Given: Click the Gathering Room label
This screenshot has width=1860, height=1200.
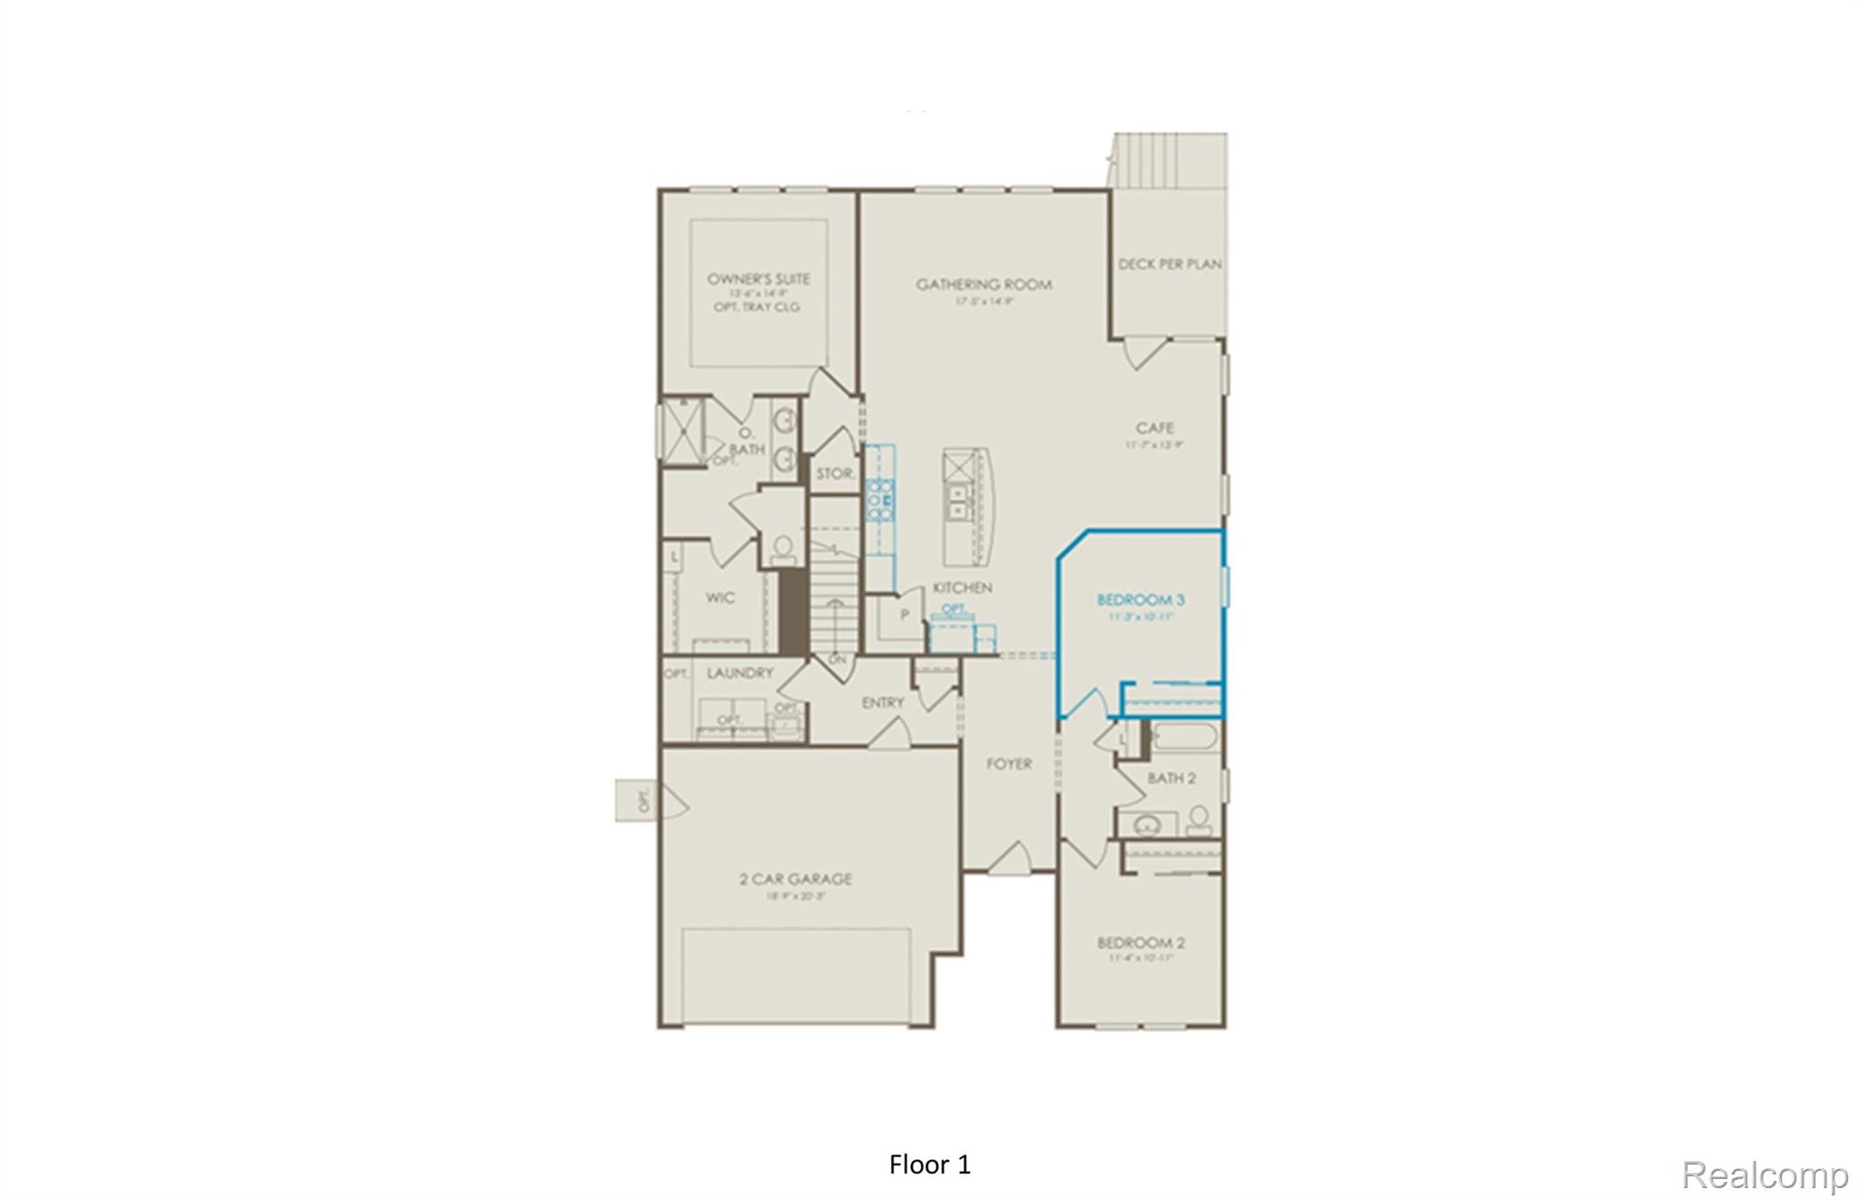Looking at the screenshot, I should (984, 284).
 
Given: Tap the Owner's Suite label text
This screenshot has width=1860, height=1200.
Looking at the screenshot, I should (758, 279).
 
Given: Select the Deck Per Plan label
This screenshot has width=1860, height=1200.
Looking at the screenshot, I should (1169, 264).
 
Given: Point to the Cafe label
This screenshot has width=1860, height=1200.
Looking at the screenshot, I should (1154, 427).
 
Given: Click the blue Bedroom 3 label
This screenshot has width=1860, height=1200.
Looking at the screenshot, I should (1141, 600).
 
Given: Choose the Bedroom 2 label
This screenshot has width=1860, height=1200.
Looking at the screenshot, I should (1141, 943).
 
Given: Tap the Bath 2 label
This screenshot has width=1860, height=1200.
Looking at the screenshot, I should (1171, 779).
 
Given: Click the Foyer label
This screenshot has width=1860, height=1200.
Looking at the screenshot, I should (1009, 764).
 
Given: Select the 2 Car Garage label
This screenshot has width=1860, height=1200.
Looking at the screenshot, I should (796, 878).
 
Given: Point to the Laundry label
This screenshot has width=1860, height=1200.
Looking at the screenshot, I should (740, 673).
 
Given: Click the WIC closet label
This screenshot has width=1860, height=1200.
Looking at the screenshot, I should (720, 598).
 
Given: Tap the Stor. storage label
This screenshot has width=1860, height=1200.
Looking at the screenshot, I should (835, 474).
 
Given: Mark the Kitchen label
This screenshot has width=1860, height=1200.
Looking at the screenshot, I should (963, 588).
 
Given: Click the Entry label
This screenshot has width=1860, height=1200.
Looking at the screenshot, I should (883, 702).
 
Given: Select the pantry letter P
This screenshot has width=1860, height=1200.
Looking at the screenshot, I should (905, 615).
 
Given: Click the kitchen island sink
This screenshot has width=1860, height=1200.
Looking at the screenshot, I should (957, 501).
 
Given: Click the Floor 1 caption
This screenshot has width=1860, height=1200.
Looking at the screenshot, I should (930, 1165).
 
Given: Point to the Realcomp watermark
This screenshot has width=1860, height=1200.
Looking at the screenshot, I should (1765, 1175).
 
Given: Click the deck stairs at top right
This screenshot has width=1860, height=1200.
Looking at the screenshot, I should (1170, 160).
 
